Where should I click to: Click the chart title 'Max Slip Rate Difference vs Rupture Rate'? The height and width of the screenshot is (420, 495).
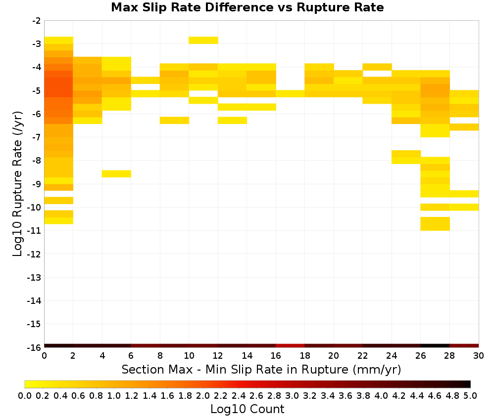[x=247, y=7]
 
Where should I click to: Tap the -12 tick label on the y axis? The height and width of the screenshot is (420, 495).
[x=34, y=254]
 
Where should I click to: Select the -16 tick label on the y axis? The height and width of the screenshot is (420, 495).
[x=34, y=347]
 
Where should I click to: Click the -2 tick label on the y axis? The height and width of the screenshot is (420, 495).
[x=37, y=21]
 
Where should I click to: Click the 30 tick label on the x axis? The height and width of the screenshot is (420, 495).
[x=479, y=356]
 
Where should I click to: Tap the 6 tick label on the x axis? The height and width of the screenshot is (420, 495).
[x=131, y=356]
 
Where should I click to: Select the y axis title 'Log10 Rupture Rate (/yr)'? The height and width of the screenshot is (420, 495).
[x=17, y=184]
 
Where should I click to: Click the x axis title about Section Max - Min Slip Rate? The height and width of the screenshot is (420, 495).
[x=261, y=369]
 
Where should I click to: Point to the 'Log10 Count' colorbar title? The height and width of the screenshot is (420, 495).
[x=247, y=409]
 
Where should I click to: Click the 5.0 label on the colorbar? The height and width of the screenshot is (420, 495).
[x=470, y=395]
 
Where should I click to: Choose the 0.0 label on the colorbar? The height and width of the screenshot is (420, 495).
[x=25, y=395]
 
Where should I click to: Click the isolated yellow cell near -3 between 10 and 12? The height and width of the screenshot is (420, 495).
[x=203, y=41]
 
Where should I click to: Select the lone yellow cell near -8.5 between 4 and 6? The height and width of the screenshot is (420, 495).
[x=116, y=173]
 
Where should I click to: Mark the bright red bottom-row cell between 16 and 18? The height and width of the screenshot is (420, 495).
[x=290, y=346]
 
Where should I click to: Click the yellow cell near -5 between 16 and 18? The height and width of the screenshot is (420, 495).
[x=290, y=93]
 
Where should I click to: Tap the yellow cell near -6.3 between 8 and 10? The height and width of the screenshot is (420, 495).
[x=174, y=121]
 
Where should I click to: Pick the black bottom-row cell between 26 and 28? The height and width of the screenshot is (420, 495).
[x=435, y=346]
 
